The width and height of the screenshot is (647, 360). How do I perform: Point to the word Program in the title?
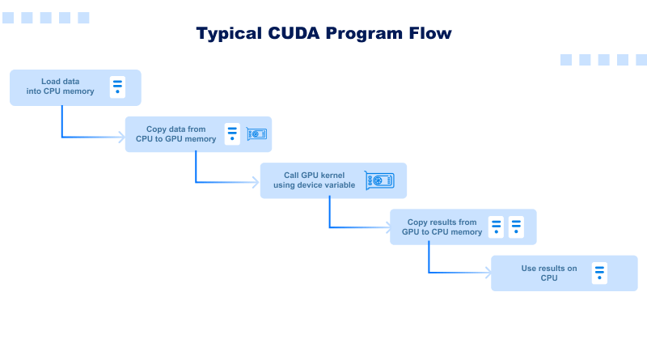(364, 33)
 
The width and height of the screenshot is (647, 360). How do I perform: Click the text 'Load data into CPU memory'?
(66, 87)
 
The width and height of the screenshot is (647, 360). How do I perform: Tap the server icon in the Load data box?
(118, 87)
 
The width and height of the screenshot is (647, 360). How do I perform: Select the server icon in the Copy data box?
(232, 133)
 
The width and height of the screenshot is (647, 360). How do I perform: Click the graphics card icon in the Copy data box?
(256, 133)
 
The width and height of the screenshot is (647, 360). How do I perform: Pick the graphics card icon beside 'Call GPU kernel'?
(379, 180)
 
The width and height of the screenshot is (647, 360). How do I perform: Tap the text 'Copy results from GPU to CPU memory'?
(442, 227)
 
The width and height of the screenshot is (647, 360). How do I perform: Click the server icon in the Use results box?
(598, 273)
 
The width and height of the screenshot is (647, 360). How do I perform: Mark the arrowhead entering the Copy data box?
(121, 138)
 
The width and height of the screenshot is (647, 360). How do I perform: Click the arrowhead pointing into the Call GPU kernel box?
(256, 183)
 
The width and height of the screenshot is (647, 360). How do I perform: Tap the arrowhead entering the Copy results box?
(387, 229)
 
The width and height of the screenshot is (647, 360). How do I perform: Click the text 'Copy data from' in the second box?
(175, 129)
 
